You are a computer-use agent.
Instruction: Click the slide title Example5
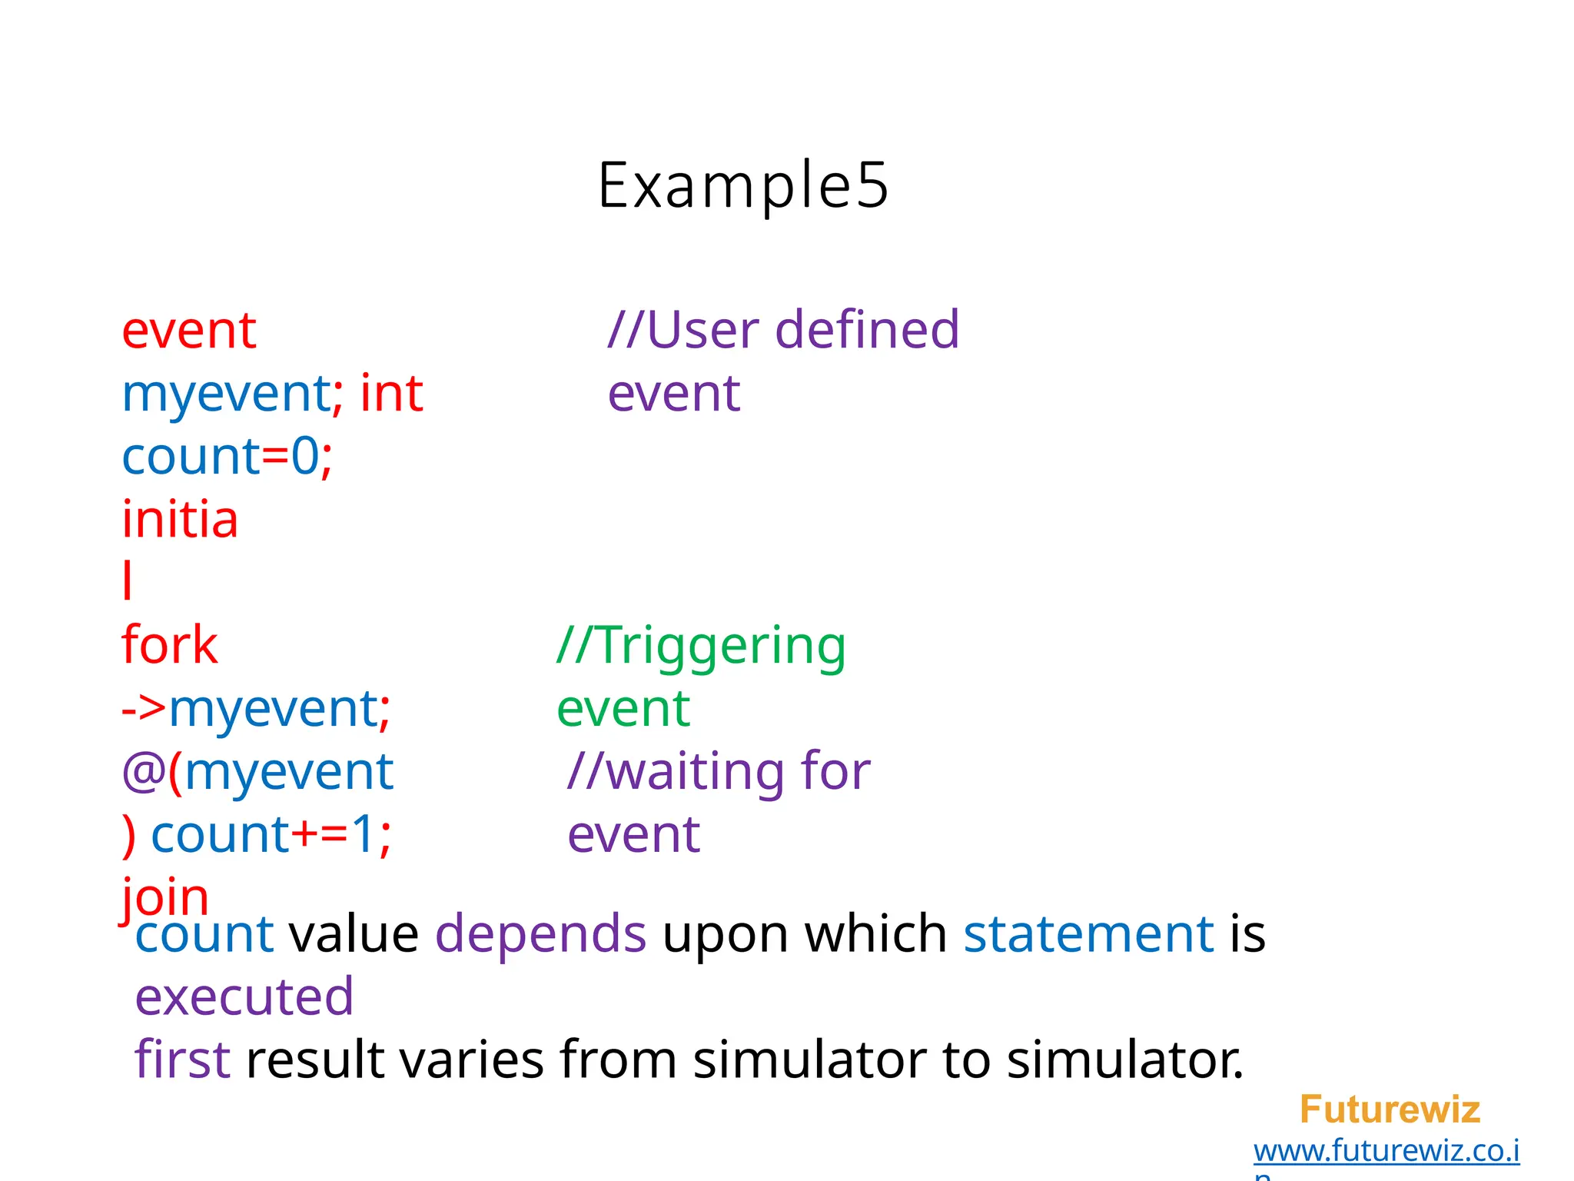tap(742, 185)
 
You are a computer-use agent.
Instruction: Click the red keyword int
tap(391, 394)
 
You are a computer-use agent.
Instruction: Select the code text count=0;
tap(227, 457)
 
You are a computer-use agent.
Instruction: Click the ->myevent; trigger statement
tap(256, 708)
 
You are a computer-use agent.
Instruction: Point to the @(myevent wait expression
tap(257, 772)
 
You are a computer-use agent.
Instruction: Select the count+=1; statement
tap(271, 834)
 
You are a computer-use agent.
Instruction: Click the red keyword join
tap(164, 897)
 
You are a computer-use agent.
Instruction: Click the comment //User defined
tap(783, 331)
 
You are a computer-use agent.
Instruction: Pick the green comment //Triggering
tap(701, 646)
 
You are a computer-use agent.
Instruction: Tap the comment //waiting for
tap(719, 771)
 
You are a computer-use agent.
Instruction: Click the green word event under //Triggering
tap(623, 708)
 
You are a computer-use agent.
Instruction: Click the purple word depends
tap(540, 934)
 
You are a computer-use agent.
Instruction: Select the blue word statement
tap(1088, 934)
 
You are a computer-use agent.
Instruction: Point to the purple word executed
tap(244, 997)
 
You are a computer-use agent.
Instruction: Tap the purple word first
tap(181, 1060)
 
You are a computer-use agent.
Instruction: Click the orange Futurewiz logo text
tap(1389, 1109)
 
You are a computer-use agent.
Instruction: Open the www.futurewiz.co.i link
tap(1386, 1151)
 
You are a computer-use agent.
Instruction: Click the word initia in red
tap(180, 520)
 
